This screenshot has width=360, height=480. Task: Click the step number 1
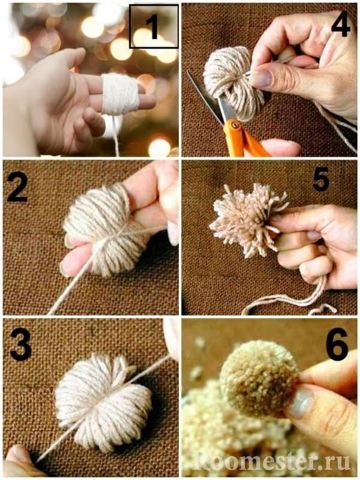[x=154, y=27]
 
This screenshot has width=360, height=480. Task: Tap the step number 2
[x=17, y=187]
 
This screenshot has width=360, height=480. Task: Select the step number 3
[x=21, y=344]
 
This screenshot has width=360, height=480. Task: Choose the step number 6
[x=337, y=344]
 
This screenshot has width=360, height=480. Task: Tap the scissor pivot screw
[x=235, y=125]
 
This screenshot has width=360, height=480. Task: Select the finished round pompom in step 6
[x=260, y=379]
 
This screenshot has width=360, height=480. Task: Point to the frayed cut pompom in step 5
[x=248, y=220]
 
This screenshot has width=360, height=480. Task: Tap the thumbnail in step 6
[x=301, y=403]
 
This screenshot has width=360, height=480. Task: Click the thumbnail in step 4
[x=262, y=79]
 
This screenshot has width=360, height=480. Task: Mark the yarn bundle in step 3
[x=103, y=403]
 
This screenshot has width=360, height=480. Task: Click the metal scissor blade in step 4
[x=208, y=97]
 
